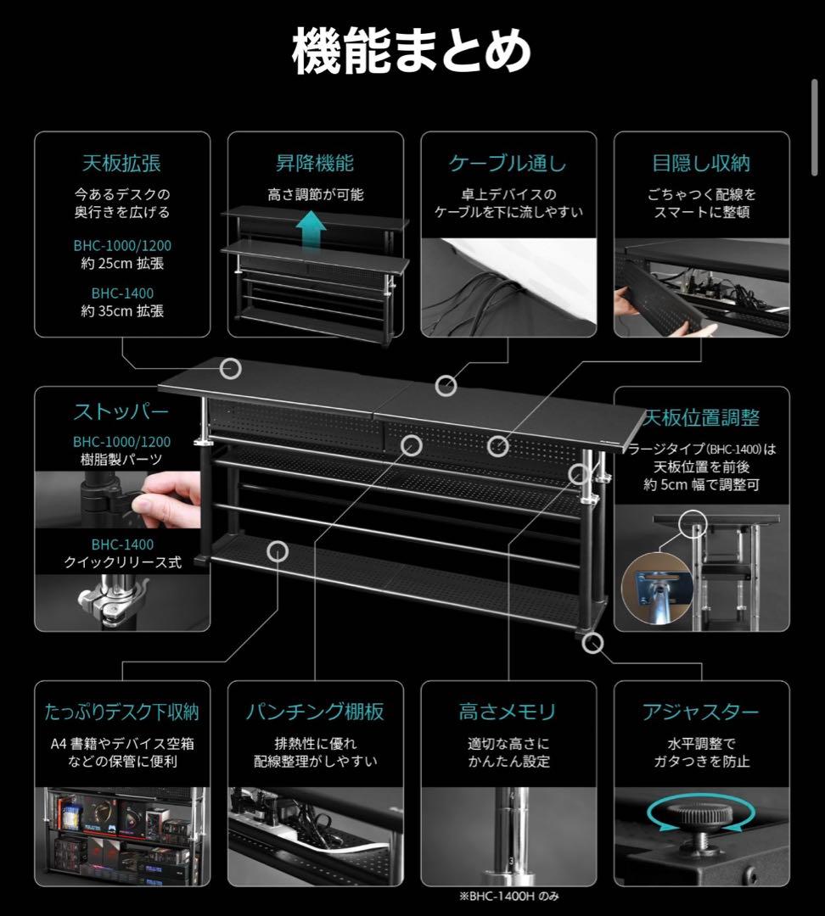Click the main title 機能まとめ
[412, 53]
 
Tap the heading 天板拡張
[121, 163]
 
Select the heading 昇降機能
[315, 163]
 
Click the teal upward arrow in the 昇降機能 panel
[314, 226]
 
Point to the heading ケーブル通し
[508, 163]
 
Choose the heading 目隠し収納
[701, 163]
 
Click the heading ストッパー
[121, 413]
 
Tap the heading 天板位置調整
[701, 417]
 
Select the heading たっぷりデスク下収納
[121, 712]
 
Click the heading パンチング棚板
[315, 712]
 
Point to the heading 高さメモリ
[508, 712]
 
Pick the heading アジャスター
[701, 712]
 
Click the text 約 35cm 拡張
[121, 311]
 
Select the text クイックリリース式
[121, 562]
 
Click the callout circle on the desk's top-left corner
[230, 368]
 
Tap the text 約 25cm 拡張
[121, 264]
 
